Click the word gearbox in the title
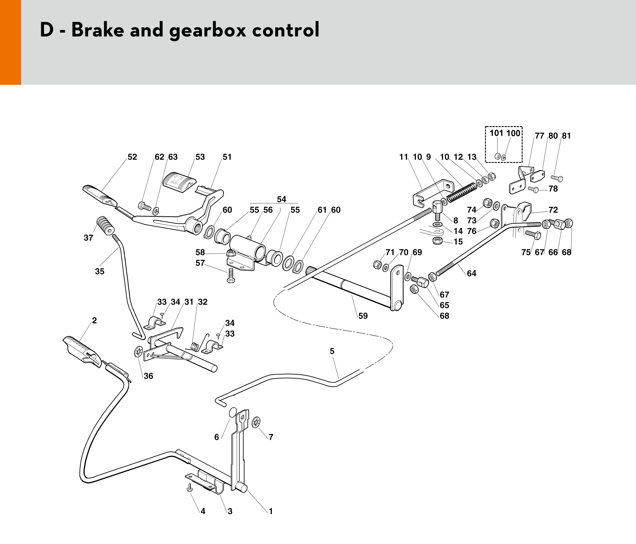pyautogui.click(x=207, y=30)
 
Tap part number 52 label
pyautogui.click(x=132, y=157)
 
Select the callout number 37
pyautogui.click(x=88, y=238)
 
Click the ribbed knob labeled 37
pyautogui.click(x=105, y=225)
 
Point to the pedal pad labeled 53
pyautogui.click(x=179, y=182)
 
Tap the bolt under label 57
pyautogui.click(x=231, y=275)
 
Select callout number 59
pyautogui.click(x=363, y=316)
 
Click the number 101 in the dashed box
pyautogui.click(x=496, y=133)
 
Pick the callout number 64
pyautogui.click(x=471, y=273)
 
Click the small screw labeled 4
pyautogui.click(x=190, y=487)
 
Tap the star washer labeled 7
pyautogui.click(x=256, y=422)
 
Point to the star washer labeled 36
pyautogui.click(x=139, y=352)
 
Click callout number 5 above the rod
pyautogui.click(x=332, y=351)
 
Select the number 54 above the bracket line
pyautogui.click(x=281, y=199)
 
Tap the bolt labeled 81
pyautogui.click(x=557, y=178)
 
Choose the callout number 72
pyautogui.click(x=553, y=210)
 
